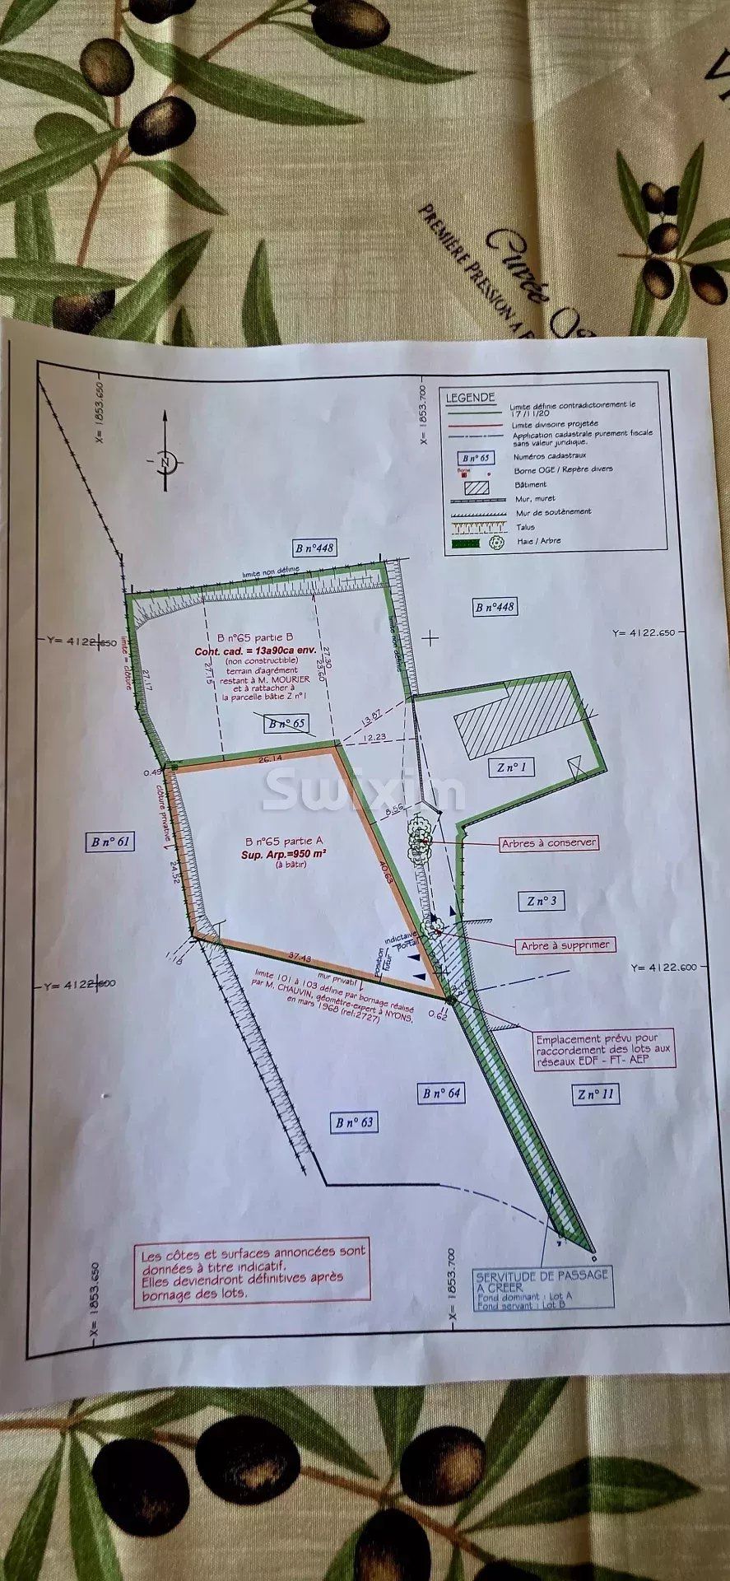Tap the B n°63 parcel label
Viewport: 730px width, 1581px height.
pyautogui.click(x=355, y=1122)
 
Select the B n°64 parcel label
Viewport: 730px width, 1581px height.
pyautogui.click(x=442, y=1093)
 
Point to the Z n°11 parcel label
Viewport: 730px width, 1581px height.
pyautogui.click(x=596, y=1094)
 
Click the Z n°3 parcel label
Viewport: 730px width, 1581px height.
pyautogui.click(x=542, y=901)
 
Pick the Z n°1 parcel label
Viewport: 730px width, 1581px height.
pyautogui.click(x=510, y=768)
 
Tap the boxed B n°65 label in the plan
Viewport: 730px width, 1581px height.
pyautogui.click(x=286, y=724)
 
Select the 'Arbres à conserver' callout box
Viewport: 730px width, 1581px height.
pyautogui.click(x=549, y=842)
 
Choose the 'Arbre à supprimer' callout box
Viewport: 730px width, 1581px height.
pyautogui.click(x=565, y=945)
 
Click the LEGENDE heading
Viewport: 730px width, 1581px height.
pyautogui.click(x=470, y=398)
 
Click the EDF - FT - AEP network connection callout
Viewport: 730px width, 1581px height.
pyautogui.click(x=603, y=1048)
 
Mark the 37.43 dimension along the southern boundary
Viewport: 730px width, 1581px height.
pyautogui.click(x=300, y=956)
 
